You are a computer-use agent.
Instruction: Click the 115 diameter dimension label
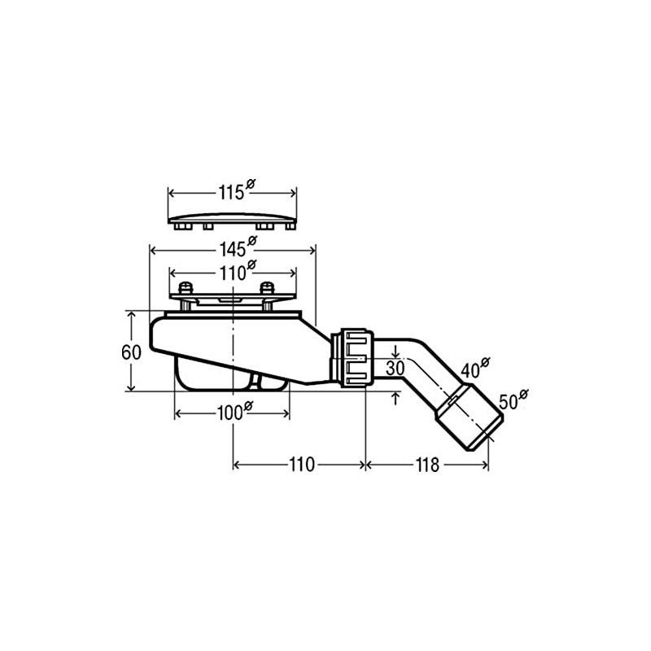tap(231, 193)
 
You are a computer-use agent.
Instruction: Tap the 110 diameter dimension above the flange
tap(231, 273)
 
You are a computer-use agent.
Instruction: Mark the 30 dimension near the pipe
tap(395, 368)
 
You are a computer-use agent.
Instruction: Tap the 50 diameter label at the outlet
tap(509, 401)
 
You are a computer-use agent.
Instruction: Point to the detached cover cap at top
tap(232, 220)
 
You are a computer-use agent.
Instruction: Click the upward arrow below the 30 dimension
tap(395, 396)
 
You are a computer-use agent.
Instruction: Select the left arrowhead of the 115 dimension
tap(172, 193)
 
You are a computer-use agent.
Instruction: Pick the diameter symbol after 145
tap(251, 241)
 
